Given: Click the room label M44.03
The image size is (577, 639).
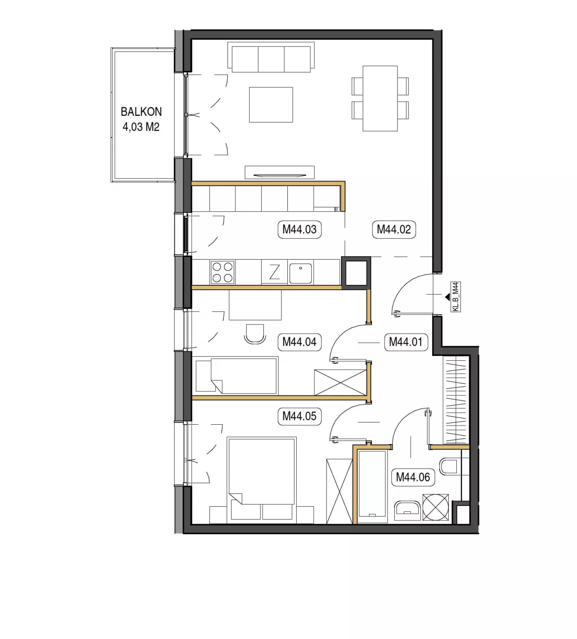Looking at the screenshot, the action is (299, 229).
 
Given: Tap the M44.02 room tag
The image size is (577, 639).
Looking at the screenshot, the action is (394, 229).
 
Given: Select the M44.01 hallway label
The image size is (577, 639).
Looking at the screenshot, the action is (406, 342).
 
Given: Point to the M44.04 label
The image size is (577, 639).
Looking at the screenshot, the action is (299, 342).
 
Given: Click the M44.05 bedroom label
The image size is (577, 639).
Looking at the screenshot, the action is (299, 416).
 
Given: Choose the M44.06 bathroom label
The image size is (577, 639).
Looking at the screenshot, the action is (413, 477).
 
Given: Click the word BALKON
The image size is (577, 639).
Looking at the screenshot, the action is (141, 112).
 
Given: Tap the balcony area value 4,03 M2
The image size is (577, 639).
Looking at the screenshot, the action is (141, 127).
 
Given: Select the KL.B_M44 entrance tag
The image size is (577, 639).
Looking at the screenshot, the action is (455, 296).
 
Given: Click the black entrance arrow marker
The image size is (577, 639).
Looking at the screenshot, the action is (447, 297).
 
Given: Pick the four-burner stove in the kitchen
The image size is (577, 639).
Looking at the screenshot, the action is (222, 272).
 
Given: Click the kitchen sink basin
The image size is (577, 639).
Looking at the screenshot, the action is (301, 273).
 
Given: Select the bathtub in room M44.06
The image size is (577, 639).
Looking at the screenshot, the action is (372, 486).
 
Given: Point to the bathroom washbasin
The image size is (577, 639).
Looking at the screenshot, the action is (408, 511).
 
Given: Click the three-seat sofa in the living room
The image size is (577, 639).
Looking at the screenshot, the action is (271, 57).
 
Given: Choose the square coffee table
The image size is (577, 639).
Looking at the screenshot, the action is (271, 105).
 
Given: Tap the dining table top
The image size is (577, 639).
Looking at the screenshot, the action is (380, 99).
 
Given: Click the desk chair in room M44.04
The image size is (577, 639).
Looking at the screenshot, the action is (255, 334).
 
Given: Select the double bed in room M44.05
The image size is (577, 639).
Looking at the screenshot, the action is (262, 479).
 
